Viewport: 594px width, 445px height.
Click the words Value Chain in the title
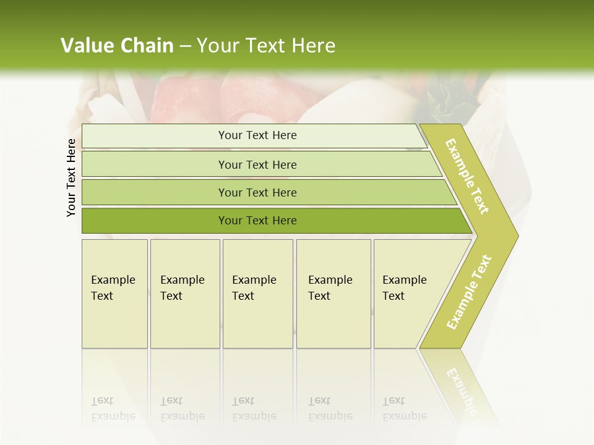tap(117, 46)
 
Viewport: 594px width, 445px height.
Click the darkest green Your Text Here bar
tap(257, 221)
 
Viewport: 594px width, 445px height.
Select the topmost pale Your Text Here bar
tap(257, 135)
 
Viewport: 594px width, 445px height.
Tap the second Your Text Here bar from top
tap(257, 164)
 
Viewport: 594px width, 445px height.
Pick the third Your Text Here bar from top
tap(257, 192)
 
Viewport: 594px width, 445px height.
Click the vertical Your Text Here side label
tap(71, 177)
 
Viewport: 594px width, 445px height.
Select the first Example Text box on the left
tap(114, 294)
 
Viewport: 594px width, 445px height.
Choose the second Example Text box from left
tap(184, 294)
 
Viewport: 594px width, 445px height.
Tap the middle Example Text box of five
tap(257, 294)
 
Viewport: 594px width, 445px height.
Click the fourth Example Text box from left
tap(334, 294)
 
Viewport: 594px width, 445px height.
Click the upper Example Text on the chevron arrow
tap(468, 177)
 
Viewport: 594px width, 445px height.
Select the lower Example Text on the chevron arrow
tap(469, 292)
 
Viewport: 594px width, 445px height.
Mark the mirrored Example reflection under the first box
tap(113, 416)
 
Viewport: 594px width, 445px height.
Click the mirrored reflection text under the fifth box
tap(405, 409)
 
